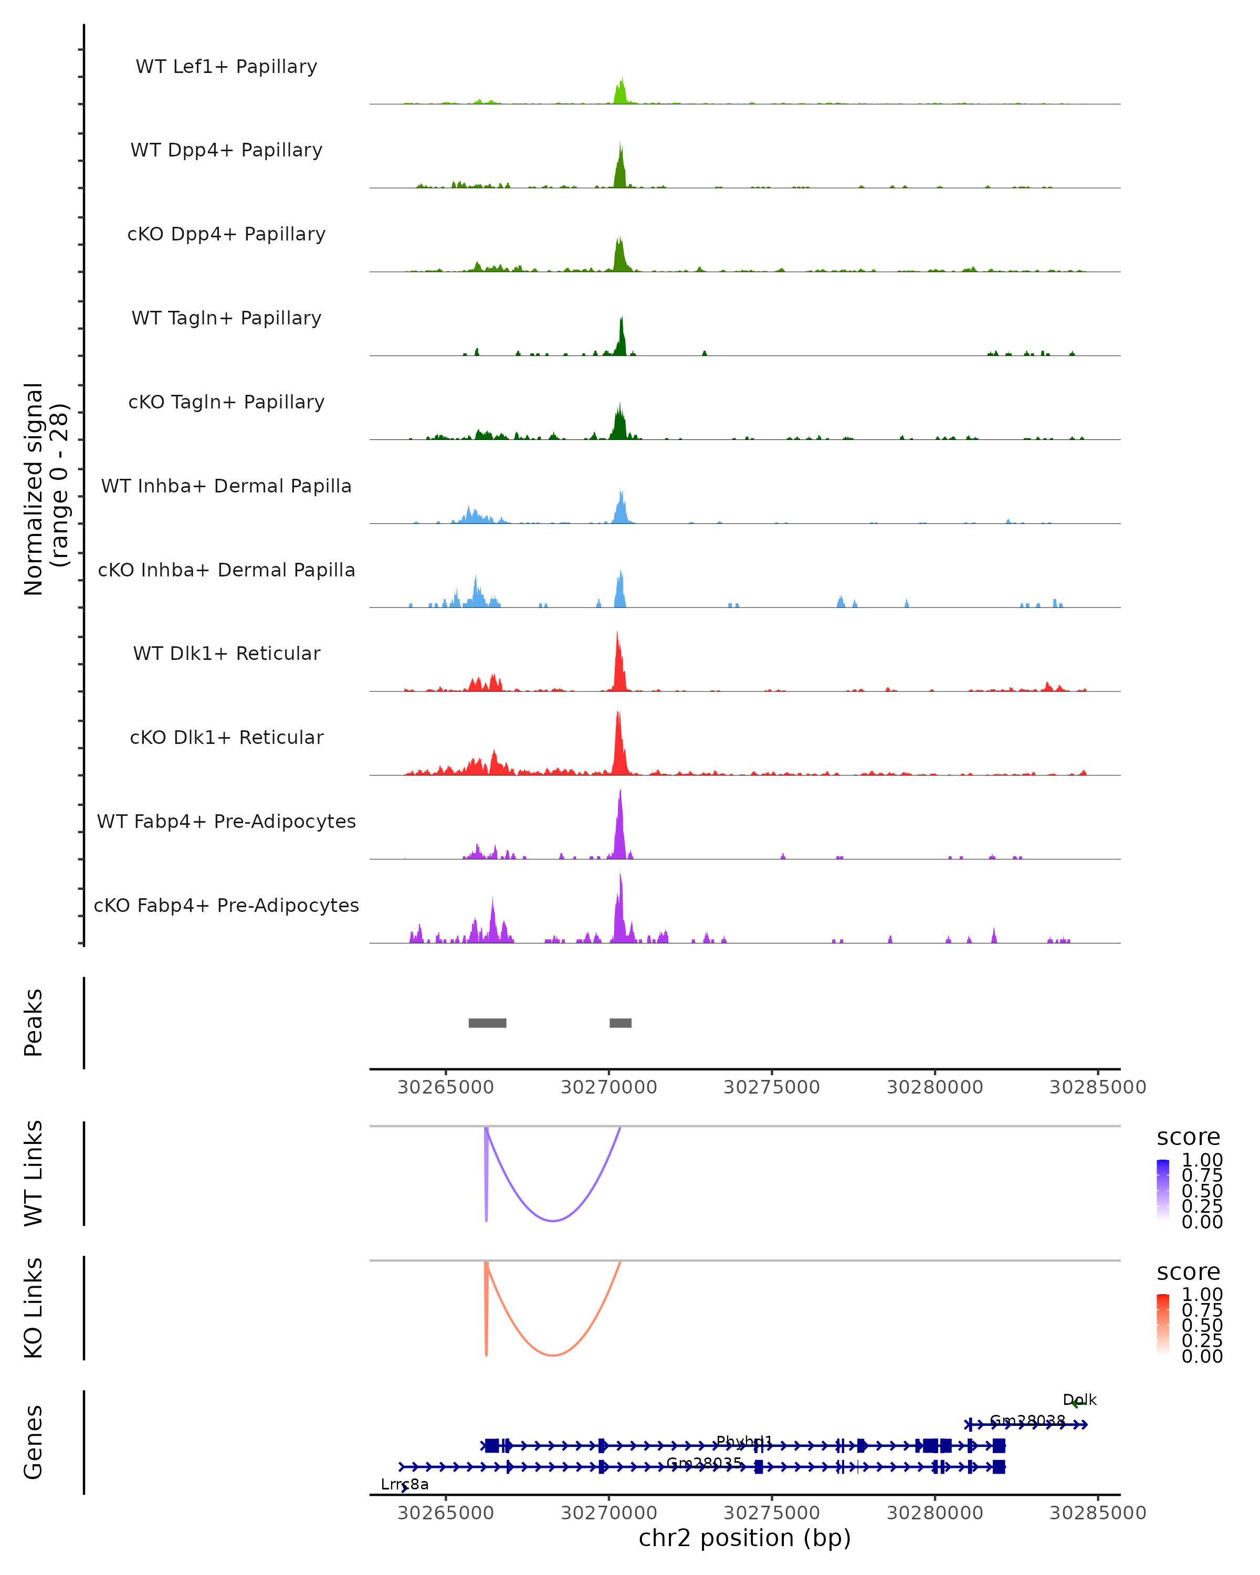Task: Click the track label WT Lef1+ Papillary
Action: pyautogui.click(x=226, y=67)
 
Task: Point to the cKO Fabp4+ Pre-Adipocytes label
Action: pyautogui.click(x=226, y=905)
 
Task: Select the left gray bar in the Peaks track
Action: pyautogui.click(x=487, y=1023)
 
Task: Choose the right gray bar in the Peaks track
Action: pyautogui.click(x=620, y=1023)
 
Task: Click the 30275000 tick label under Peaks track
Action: pyautogui.click(x=771, y=1087)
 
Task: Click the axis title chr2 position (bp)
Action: pyautogui.click(x=744, y=1538)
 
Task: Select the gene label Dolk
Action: pyautogui.click(x=1079, y=1400)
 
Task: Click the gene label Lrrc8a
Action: pyautogui.click(x=405, y=1484)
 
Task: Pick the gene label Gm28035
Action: pyautogui.click(x=704, y=1463)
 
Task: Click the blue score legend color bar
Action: pyautogui.click(x=1163, y=1189)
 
